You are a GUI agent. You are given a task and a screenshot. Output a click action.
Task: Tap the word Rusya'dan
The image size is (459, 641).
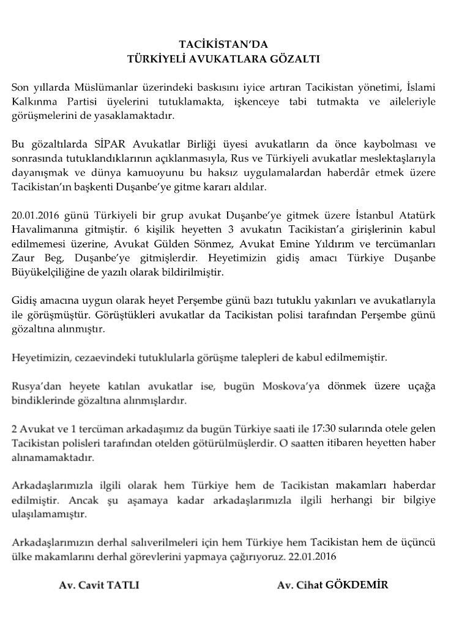coord(33,386)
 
